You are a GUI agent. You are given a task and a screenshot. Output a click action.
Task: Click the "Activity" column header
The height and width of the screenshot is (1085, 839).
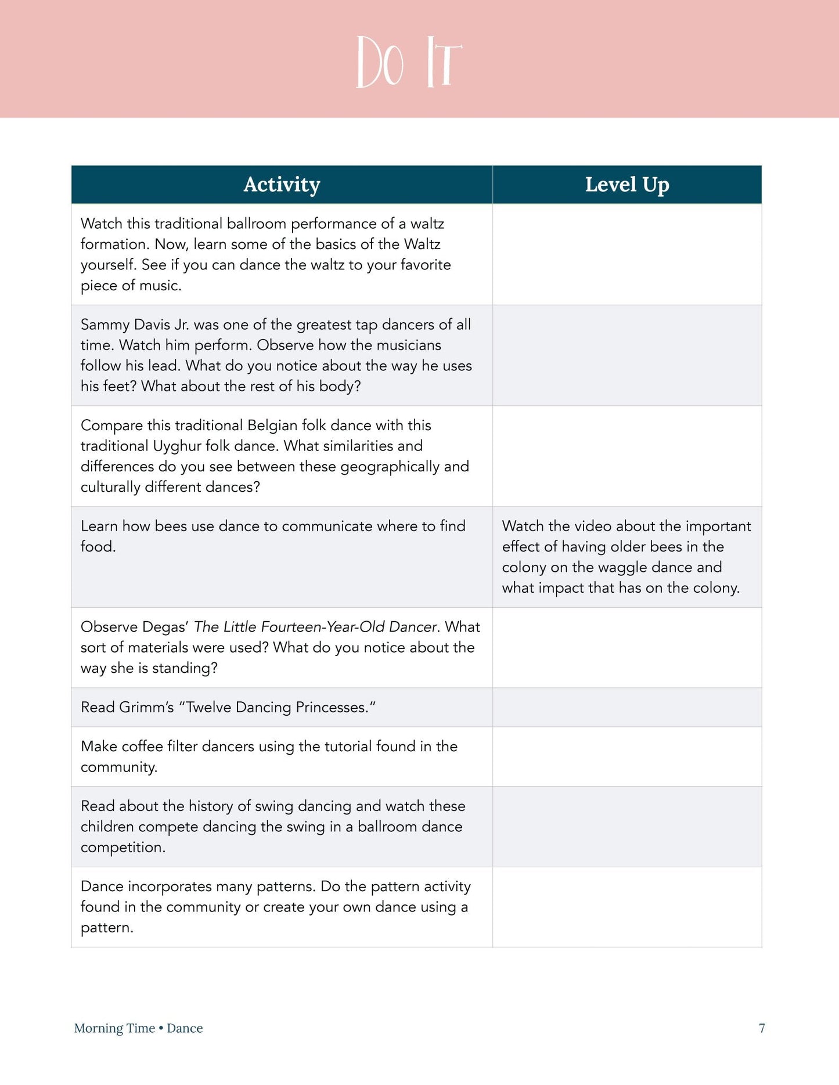pyautogui.click(x=282, y=185)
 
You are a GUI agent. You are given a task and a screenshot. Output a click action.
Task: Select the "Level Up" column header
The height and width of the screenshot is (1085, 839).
pyautogui.click(x=627, y=185)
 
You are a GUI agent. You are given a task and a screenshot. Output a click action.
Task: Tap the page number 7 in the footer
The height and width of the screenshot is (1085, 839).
pyautogui.click(x=762, y=1028)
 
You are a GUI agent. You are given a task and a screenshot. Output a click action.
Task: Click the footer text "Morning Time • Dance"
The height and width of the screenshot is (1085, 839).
pyautogui.click(x=138, y=1028)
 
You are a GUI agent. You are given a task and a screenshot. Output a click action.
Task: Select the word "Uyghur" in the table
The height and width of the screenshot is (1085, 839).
pyautogui.click(x=177, y=446)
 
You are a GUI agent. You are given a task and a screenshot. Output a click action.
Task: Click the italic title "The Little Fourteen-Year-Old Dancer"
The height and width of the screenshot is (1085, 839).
pyautogui.click(x=315, y=627)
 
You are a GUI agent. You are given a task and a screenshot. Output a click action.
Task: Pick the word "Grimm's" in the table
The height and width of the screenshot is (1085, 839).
pyautogui.click(x=146, y=707)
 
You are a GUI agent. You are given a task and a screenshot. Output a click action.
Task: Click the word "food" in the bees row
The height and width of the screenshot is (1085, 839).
pyautogui.click(x=96, y=547)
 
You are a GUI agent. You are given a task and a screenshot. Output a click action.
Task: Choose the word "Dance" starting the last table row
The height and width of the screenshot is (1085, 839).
pyautogui.click(x=102, y=886)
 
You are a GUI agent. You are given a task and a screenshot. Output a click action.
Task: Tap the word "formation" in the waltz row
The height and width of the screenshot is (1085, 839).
pyautogui.click(x=113, y=244)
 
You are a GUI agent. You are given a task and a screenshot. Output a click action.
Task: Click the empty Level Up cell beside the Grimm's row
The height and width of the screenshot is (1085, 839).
pyautogui.click(x=627, y=707)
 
